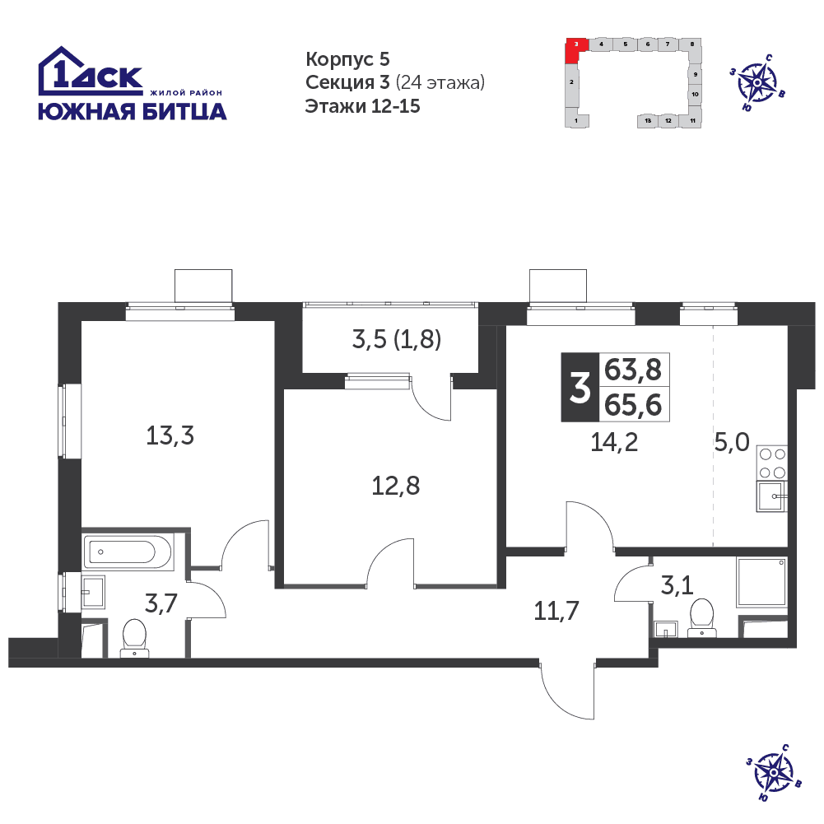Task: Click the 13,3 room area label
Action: click(170, 435)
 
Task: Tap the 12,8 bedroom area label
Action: click(396, 486)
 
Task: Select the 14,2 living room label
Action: click(614, 443)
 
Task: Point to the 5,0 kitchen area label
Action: click(732, 443)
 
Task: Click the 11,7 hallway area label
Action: click(556, 611)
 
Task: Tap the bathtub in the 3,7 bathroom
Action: click(128, 552)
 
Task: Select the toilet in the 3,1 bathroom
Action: click(702, 617)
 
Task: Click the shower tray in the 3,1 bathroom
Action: click(762, 582)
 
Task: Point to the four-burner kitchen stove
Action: click(772, 463)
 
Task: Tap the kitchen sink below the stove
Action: click(771, 496)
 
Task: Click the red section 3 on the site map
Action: click(575, 50)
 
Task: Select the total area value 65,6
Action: click(633, 405)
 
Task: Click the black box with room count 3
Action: click(580, 387)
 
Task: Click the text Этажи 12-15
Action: click(362, 106)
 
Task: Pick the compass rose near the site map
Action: click(757, 82)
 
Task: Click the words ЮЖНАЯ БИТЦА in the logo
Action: click(133, 112)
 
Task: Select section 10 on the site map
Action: click(695, 95)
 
